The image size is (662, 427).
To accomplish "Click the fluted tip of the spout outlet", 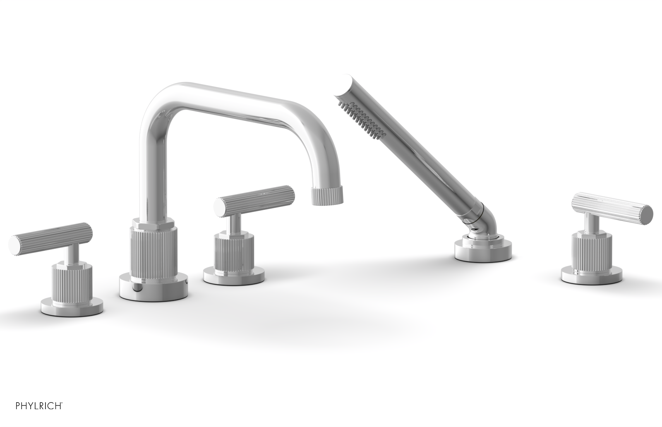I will click(327, 195).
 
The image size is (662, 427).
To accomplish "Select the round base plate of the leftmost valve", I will click(72, 307).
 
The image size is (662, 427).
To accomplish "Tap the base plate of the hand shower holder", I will click(483, 250).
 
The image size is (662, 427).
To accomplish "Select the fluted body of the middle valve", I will click(234, 252).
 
